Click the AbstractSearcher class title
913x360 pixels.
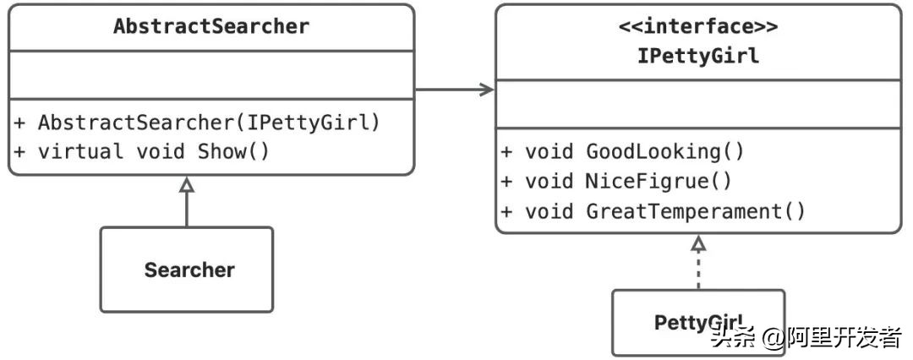tap(211, 26)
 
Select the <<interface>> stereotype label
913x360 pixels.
tap(697, 26)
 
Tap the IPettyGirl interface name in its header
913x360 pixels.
tap(697, 56)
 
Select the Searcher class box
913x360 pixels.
tap(187, 270)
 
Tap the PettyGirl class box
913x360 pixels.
tap(697, 322)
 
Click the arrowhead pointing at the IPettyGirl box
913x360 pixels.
tap(487, 90)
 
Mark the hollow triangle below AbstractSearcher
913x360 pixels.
tap(187, 185)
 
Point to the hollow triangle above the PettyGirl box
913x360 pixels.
tap(697, 243)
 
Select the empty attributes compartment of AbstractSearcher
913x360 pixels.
tap(211, 74)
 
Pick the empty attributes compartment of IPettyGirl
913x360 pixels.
tap(697, 104)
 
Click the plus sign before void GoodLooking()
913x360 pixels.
tap(507, 152)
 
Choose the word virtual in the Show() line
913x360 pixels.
tap(80, 152)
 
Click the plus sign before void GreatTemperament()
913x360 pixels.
tap(507, 210)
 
